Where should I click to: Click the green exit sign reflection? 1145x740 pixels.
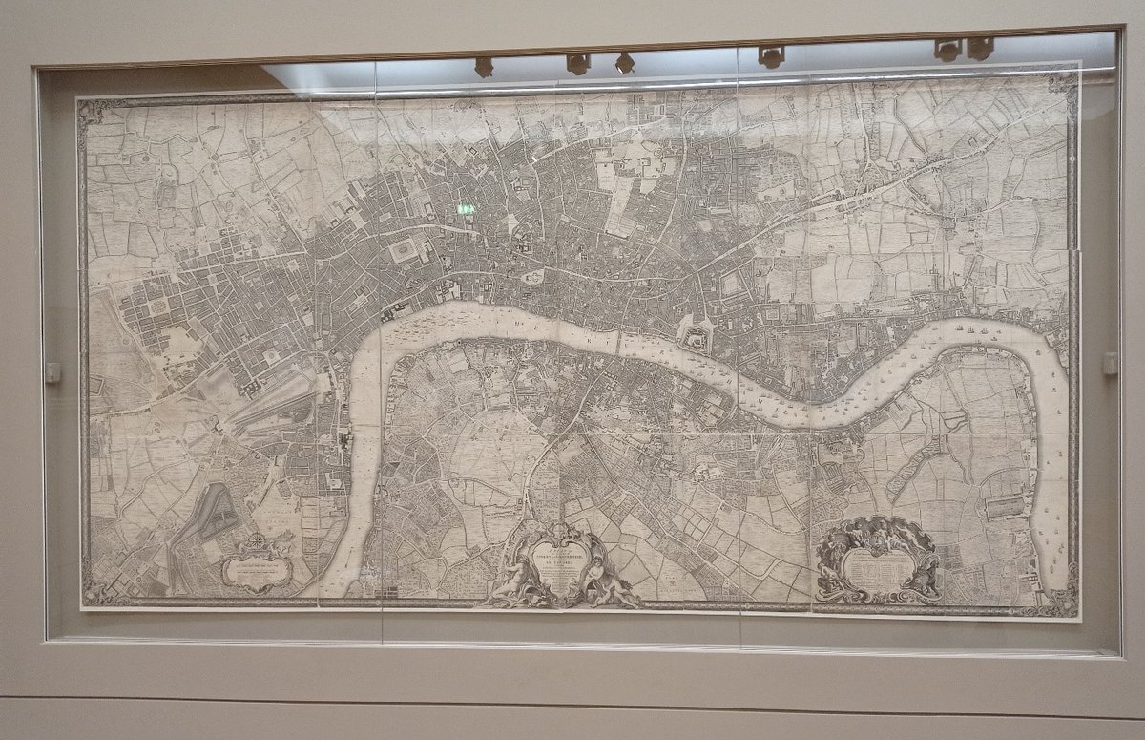coord(466,208)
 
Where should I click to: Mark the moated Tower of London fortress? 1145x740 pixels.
coord(696,337)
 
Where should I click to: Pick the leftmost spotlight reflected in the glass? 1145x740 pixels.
coord(484,66)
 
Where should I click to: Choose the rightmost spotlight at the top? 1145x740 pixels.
coord(980,48)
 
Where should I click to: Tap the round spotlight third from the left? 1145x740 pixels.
coord(625,63)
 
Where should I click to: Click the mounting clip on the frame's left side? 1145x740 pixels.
coord(52,372)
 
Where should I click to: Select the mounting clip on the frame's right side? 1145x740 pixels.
coord(1110,363)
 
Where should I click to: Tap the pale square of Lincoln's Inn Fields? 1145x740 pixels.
coord(403,250)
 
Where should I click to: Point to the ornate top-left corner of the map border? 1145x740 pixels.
coord(92,111)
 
